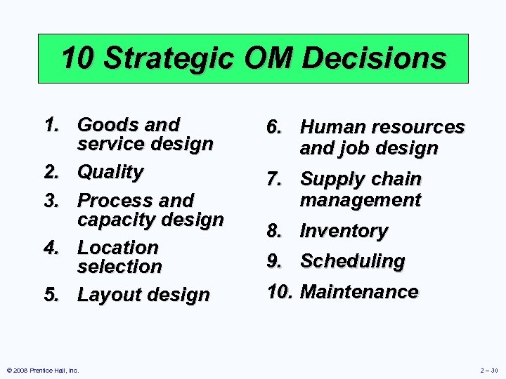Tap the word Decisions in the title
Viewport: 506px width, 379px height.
click(x=377, y=58)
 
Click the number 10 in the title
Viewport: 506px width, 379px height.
click(x=79, y=58)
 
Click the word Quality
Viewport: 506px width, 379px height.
click(x=110, y=172)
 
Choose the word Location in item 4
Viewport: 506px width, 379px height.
click(x=118, y=248)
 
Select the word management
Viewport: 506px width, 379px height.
click(x=361, y=200)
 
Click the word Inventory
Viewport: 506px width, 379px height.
click(x=344, y=231)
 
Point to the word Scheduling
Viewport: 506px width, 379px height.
click(x=353, y=261)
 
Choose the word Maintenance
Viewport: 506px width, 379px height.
click(x=359, y=291)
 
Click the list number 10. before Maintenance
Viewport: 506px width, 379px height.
click(x=280, y=291)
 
